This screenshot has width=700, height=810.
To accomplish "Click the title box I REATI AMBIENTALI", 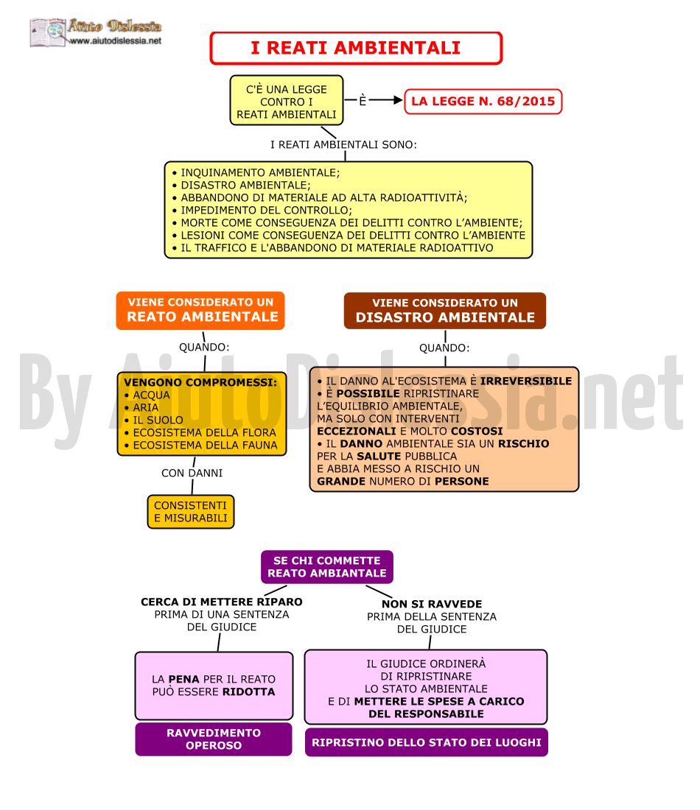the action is click(x=356, y=48).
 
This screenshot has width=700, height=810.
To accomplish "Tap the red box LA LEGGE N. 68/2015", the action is click(x=483, y=102).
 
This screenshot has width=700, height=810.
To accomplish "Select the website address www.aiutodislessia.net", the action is click(x=115, y=40).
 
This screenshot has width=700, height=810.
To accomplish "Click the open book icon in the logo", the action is click(x=48, y=32).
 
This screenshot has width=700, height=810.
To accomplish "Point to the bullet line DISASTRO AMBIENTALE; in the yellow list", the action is click(x=242, y=185).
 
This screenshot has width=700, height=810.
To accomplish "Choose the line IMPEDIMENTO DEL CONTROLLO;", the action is click(x=262, y=211).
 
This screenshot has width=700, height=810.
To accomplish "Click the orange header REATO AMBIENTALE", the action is click(x=200, y=311).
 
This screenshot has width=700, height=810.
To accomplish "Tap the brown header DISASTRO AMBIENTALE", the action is click(x=445, y=311).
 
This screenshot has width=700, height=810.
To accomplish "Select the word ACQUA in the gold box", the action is click(x=151, y=395).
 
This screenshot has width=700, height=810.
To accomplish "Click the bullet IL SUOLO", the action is click(x=154, y=420).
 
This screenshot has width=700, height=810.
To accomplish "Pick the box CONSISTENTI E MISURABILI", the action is click(x=191, y=512).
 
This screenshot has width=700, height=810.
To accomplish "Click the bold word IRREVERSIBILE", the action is click(x=526, y=381).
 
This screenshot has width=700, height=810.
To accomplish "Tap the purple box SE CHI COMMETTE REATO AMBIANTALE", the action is click(x=326, y=567).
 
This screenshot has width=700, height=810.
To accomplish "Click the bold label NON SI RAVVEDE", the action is click(x=432, y=604).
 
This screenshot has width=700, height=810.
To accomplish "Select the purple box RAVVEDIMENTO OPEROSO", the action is click(x=214, y=739).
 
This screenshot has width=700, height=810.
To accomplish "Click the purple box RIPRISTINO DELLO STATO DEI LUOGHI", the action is click(x=426, y=742).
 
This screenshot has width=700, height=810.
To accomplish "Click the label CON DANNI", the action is click(x=192, y=473).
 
